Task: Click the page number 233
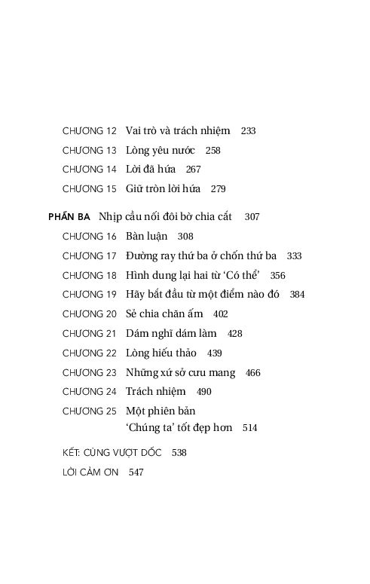248,131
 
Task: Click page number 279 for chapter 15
219,189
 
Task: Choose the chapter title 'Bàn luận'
147,237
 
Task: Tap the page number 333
295,256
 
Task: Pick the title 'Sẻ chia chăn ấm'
165,314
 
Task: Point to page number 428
234,334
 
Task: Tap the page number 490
204,393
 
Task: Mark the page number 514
250,428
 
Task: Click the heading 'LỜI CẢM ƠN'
90,473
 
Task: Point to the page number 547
136,473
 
